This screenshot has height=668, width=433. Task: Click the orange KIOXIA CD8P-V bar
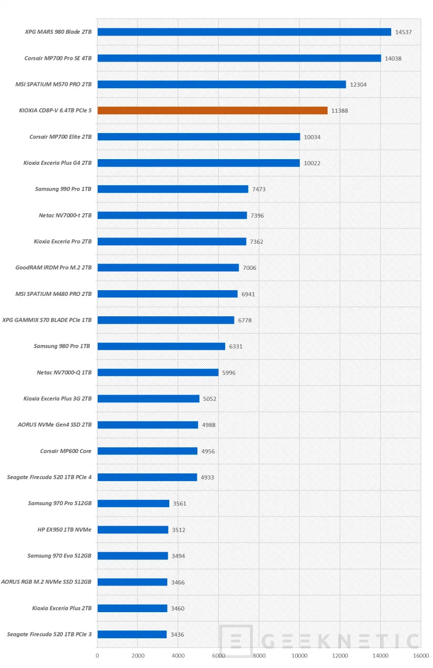pyautogui.click(x=212, y=110)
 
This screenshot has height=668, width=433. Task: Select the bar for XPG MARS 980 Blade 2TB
pyautogui.click(x=244, y=32)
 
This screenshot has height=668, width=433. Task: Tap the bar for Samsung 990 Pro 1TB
pyautogui.click(x=172, y=189)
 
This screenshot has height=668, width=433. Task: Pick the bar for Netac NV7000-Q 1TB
pyautogui.click(x=158, y=372)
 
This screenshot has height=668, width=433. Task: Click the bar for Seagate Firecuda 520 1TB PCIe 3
pyautogui.click(x=132, y=634)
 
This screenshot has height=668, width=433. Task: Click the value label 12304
pyautogui.click(x=358, y=85)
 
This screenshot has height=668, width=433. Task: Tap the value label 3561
pyautogui.click(x=179, y=504)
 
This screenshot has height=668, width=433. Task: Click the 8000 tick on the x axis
pyautogui.click(x=259, y=655)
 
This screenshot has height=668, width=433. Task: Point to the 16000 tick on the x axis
pyautogui.click(x=420, y=655)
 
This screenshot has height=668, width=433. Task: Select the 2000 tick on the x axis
pyautogui.click(x=138, y=655)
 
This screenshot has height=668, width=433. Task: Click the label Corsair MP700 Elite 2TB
pyautogui.click(x=61, y=137)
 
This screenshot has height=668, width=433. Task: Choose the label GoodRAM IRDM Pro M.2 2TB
pyautogui.click(x=54, y=267)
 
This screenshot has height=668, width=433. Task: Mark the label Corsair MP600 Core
pyautogui.click(x=66, y=451)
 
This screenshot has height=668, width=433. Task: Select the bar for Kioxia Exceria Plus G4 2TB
pyautogui.click(x=198, y=163)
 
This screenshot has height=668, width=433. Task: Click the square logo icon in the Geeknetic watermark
pyautogui.click(x=236, y=641)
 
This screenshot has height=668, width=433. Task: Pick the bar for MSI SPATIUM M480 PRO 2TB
pyautogui.click(x=167, y=294)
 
